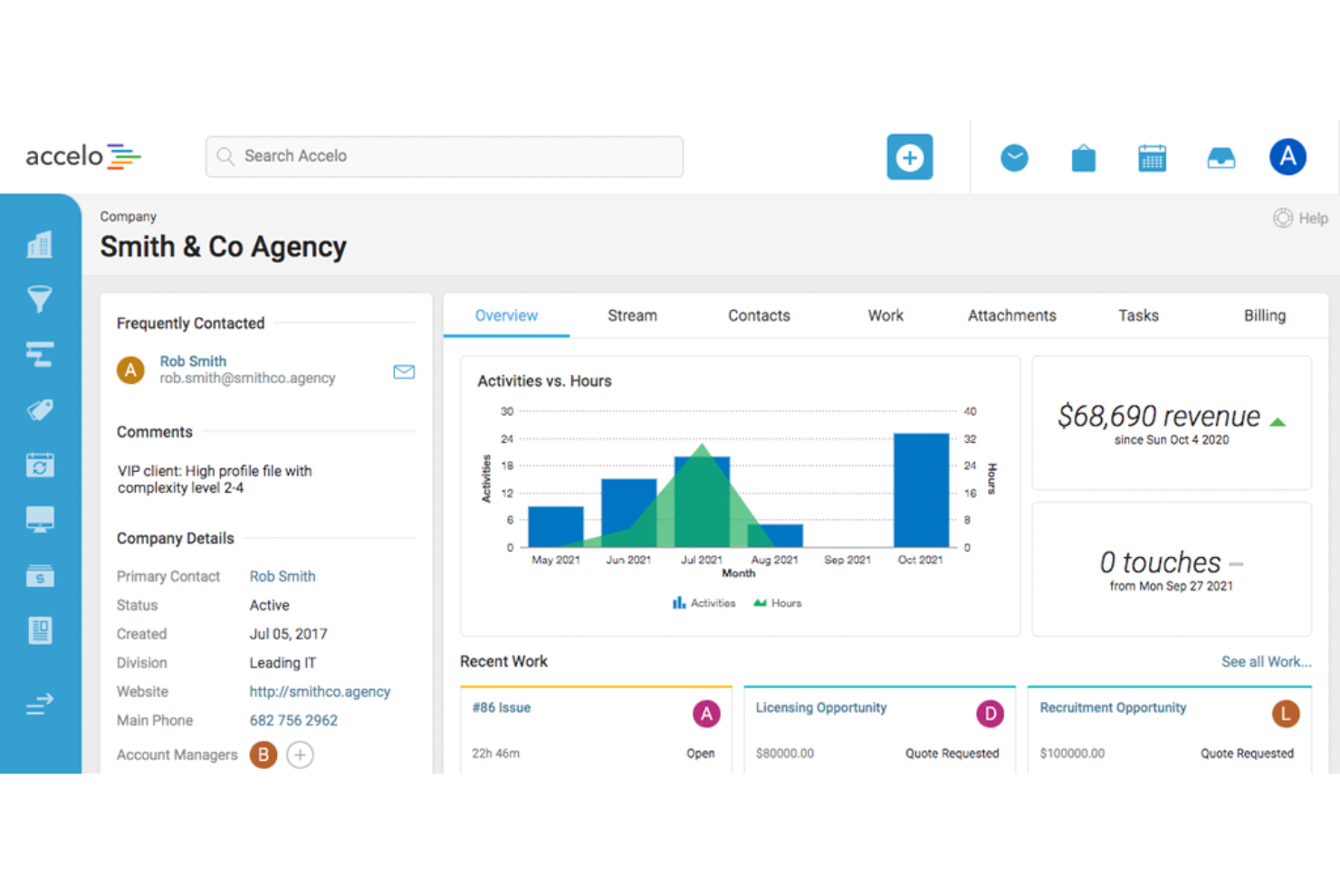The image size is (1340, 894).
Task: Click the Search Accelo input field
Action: coord(444,157)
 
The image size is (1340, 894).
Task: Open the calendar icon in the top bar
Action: coord(1152,158)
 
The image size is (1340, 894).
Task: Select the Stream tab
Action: coord(632,315)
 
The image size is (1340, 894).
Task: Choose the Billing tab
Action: coord(1264,315)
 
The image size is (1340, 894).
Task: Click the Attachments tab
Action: coord(1011,315)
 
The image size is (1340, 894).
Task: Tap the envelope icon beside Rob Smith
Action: coord(404,371)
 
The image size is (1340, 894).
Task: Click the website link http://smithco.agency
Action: coord(320,691)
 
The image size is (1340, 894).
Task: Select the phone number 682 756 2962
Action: coord(293,720)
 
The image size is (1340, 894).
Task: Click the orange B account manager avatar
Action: coord(263,755)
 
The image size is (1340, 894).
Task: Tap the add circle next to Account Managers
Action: coord(300,755)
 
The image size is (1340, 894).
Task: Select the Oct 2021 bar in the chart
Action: coord(921,490)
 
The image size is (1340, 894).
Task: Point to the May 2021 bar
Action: coord(555,526)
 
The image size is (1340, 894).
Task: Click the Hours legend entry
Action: coord(778,603)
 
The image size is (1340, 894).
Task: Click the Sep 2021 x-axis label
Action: coord(847,560)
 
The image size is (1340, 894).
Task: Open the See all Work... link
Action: coord(1265,662)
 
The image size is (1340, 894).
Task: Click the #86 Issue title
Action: coord(502,707)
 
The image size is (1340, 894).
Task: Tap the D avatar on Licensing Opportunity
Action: coord(990,714)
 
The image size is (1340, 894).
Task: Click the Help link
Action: coord(1301,218)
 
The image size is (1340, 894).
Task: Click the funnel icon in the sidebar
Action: coord(40,299)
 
